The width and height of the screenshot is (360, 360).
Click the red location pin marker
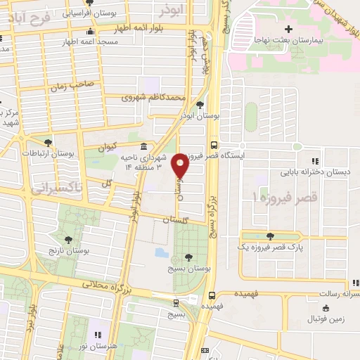coord(181,165)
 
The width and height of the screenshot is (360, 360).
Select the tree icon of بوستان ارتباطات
coord(48,143)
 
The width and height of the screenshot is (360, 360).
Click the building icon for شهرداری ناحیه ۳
coord(143,147)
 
